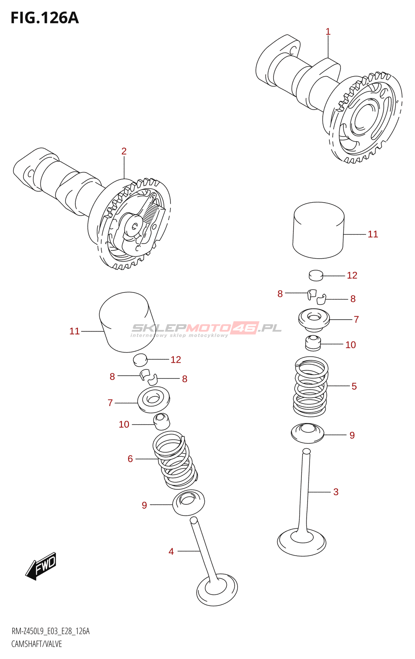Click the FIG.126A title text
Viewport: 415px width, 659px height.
pyautogui.click(x=45, y=18)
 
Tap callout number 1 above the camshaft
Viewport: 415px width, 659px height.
pyautogui.click(x=328, y=32)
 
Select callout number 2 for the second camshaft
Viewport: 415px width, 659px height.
pyautogui.click(x=124, y=151)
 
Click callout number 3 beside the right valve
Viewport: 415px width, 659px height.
pyautogui.click(x=336, y=492)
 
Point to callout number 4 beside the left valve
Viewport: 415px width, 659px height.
pyautogui.click(x=171, y=552)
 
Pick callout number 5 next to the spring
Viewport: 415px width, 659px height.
pyautogui.click(x=354, y=386)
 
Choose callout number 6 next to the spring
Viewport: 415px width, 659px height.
pyautogui.click(x=130, y=459)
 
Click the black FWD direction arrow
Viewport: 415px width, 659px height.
pyautogui.click(x=40, y=566)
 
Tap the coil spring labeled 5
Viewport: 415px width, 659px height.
pyautogui.click(x=310, y=386)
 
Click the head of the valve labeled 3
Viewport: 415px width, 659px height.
pyautogui.click(x=301, y=542)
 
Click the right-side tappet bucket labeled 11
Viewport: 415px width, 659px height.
pyautogui.click(x=319, y=230)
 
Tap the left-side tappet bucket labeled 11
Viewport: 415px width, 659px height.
pyautogui.click(x=127, y=322)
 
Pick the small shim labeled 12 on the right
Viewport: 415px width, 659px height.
pyautogui.click(x=316, y=275)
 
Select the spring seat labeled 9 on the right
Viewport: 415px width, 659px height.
pyautogui.click(x=308, y=433)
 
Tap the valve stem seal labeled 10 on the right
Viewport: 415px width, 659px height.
pyautogui.click(x=312, y=343)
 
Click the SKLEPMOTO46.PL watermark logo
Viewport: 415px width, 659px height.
pyautogui.click(x=206, y=329)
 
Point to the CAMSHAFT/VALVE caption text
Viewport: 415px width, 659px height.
pyautogui.click(x=37, y=644)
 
